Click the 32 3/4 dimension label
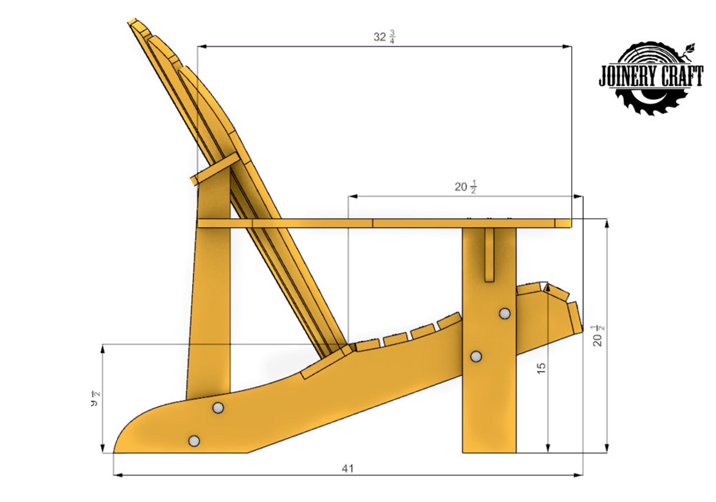point(384,37)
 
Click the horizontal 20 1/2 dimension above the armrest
point(465,187)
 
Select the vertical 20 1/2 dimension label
point(598,335)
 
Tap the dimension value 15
point(541,368)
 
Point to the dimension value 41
point(347,469)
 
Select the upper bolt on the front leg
point(505,313)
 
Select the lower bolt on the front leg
point(476,357)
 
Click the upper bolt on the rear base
point(218,408)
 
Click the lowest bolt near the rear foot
point(194,440)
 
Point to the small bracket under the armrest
point(489,255)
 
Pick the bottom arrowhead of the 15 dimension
point(548,448)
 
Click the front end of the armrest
point(564,223)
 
